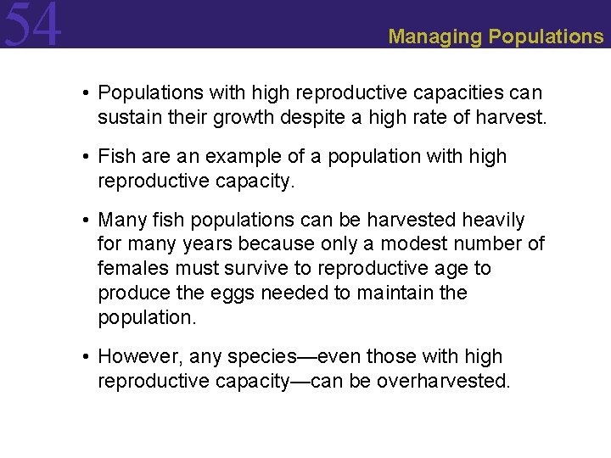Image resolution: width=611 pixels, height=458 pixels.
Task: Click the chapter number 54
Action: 32,25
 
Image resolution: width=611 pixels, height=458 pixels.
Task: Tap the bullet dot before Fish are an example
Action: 87,157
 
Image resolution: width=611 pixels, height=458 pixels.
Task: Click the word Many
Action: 121,221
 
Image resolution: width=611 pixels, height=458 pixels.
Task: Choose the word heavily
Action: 493,221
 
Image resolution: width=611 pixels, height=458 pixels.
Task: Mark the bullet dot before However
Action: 87,357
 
